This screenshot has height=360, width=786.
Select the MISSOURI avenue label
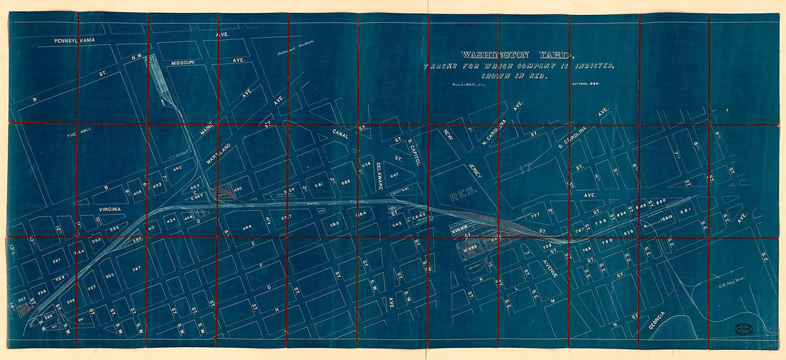click(x=184, y=63)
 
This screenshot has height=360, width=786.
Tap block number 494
click(x=248, y=227)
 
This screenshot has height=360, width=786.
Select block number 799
click(x=607, y=244)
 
